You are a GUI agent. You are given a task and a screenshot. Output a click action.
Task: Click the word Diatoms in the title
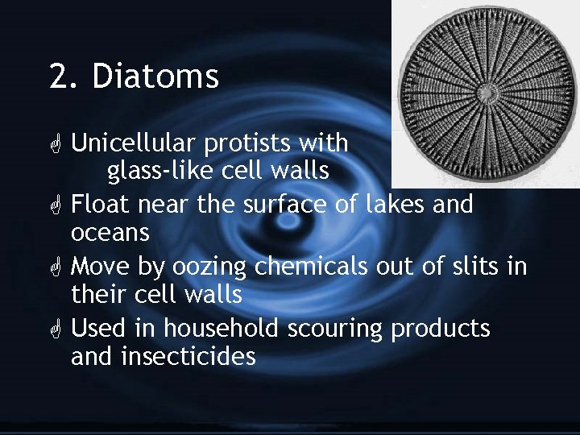[x=155, y=77]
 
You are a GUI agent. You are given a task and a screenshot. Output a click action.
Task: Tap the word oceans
[x=110, y=234]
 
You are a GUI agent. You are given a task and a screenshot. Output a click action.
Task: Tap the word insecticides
[x=188, y=356]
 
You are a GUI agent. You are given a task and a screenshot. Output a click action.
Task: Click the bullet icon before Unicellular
[x=56, y=145]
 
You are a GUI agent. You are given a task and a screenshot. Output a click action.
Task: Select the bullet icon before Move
[x=56, y=266]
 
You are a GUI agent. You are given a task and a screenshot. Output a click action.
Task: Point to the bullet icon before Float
[x=56, y=205]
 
